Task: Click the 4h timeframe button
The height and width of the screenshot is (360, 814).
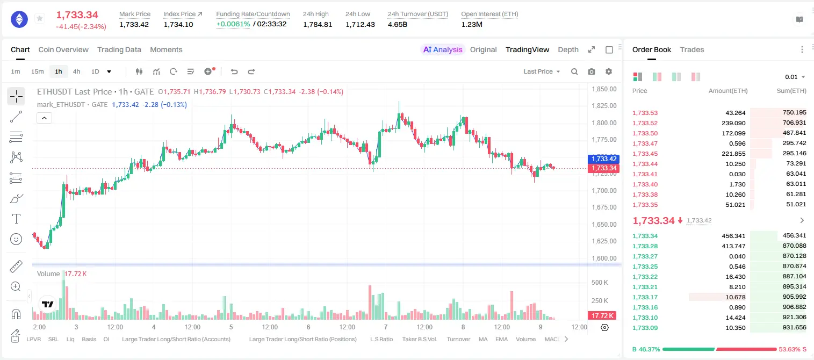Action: click(76, 71)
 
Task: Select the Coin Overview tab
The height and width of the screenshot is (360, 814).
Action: click(63, 49)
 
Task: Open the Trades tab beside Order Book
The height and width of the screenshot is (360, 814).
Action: click(692, 49)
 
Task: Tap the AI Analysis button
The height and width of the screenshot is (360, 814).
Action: click(443, 49)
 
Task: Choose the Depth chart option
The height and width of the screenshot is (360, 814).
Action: click(568, 49)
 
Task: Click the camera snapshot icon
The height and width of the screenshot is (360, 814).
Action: click(592, 71)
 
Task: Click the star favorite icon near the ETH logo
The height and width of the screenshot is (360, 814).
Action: click(40, 18)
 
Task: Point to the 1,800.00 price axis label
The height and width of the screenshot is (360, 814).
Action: click(604, 123)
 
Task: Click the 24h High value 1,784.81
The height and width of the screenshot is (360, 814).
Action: click(318, 24)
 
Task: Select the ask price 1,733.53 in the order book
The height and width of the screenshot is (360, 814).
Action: click(645, 113)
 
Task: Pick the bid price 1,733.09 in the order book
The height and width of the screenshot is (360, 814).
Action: click(645, 328)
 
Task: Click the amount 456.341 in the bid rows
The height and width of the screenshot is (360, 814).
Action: click(733, 236)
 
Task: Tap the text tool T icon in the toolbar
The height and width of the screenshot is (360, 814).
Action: click(16, 219)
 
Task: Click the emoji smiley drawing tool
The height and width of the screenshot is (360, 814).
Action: click(16, 239)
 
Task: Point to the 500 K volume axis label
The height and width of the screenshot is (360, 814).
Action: click(600, 282)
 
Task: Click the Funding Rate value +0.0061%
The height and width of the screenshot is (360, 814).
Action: click(233, 24)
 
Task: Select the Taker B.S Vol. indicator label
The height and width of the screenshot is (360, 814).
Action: click(419, 339)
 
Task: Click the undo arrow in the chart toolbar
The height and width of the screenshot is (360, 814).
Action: click(234, 71)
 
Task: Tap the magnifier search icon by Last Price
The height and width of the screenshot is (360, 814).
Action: click(574, 71)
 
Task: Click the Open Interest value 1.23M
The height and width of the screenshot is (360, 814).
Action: click(472, 24)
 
